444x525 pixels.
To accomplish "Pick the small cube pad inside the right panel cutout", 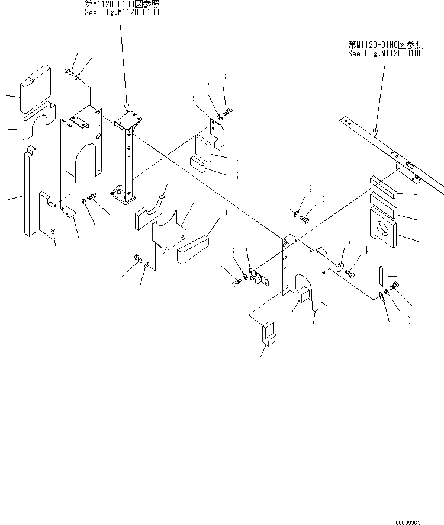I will [304, 294].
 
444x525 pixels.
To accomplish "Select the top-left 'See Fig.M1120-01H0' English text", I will [122, 11].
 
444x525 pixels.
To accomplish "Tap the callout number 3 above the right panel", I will [309, 189].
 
